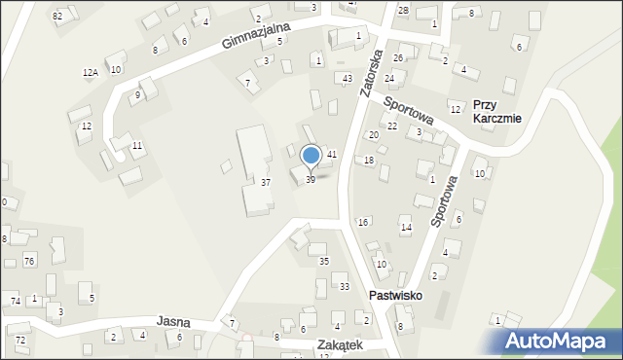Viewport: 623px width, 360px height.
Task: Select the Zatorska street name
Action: (373, 68)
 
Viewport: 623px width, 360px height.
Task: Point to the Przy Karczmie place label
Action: (496, 111)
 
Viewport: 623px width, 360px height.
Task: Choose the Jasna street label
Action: (172, 320)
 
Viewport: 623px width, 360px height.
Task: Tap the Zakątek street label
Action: (339, 344)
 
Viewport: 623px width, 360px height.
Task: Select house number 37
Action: (265, 182)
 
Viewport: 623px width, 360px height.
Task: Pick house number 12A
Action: (90, 73)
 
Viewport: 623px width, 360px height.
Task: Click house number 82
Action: (58, 16)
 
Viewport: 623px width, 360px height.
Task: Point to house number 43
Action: (347, 78)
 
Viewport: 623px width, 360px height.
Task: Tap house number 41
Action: (331, 155)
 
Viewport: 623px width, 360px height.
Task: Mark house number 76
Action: (29, 261)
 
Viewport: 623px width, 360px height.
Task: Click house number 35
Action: (324, 261)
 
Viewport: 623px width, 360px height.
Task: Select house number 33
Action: (344, 286)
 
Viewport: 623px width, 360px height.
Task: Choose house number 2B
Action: (403, 9)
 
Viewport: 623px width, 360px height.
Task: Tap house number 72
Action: (20, 340)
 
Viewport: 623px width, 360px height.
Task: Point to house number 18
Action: (368, 160)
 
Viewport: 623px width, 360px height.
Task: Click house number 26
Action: (397, 58)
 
